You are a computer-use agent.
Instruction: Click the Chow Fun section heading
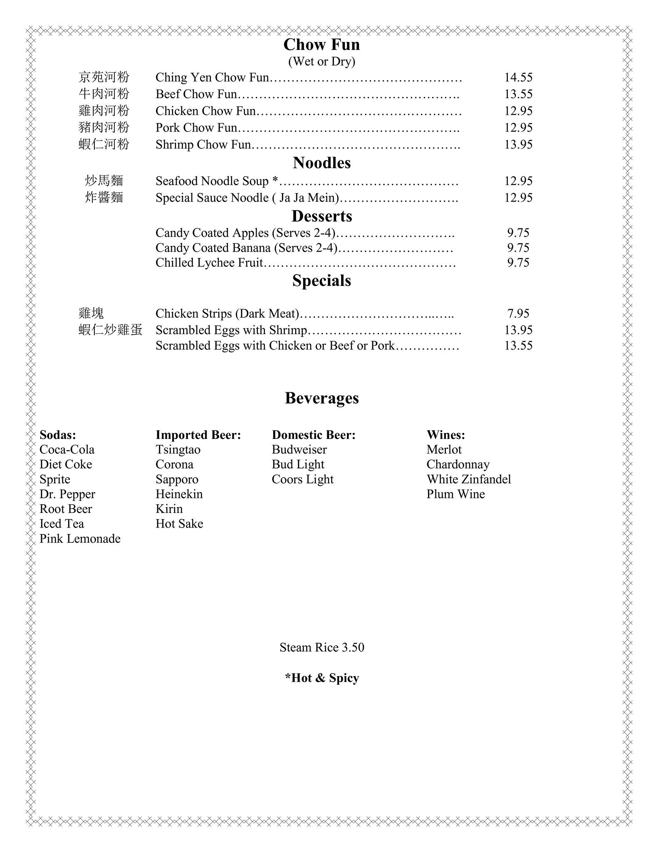(322, 45)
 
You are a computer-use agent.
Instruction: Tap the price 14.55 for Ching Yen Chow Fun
(518, 77)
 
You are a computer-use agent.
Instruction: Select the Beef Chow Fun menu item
(196, 94)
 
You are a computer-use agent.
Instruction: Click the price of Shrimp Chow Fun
(518, 144)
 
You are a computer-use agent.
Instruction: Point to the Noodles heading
(322, 163)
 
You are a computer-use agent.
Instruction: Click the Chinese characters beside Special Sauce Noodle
(104, 197)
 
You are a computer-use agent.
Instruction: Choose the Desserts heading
(322, 216)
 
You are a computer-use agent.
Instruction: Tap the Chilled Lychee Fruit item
(209, 263)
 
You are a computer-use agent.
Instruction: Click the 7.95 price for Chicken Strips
(518, 313)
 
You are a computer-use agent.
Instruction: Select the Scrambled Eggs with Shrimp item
(231, 330)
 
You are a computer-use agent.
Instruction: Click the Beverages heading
(322, 398)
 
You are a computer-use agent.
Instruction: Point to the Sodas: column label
(58, 435)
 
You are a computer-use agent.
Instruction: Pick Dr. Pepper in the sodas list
(67, 494)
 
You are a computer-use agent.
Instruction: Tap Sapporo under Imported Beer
(177, 479)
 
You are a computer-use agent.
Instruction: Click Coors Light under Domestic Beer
(302, 479)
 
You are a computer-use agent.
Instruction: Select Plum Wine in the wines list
(455, 494)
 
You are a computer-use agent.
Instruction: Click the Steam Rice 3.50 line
(322, 647)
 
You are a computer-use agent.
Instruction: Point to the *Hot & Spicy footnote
(322, 678)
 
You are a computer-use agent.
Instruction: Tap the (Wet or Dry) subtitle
(322, 62)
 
